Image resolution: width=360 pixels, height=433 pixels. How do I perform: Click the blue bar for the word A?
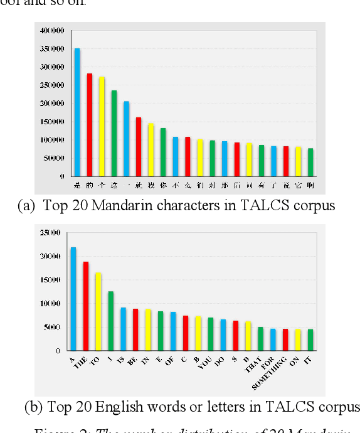click(73, 299)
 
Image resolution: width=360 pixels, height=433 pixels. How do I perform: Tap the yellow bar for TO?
click(98, 311)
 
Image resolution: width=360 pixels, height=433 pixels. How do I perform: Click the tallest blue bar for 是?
click(77, 113)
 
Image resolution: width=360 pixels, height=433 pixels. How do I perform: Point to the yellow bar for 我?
click(151, 150)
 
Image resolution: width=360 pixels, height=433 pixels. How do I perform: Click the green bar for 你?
click(163, 152)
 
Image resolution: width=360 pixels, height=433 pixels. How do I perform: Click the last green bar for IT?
click(310, 339)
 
